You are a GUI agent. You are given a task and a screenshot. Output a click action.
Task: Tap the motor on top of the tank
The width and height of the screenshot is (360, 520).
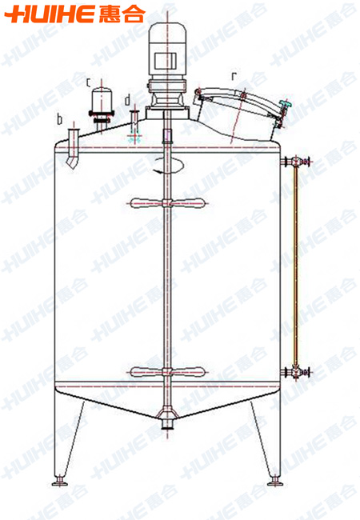168,50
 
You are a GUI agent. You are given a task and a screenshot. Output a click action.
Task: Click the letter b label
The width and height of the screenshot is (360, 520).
60,119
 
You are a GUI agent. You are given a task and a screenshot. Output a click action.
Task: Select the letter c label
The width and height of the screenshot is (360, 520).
88,82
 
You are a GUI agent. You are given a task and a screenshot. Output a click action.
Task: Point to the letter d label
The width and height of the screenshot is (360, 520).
128,100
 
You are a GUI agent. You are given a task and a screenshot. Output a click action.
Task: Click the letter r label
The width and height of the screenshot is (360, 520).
234,76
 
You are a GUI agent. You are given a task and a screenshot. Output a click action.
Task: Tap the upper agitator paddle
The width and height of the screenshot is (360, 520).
167,203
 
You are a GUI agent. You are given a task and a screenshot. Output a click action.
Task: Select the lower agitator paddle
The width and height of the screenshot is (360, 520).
167,372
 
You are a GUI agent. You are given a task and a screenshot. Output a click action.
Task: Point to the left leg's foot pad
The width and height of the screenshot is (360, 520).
60,481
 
